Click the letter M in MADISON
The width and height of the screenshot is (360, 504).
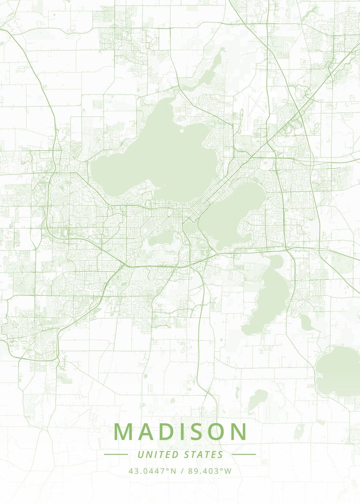(124, 432)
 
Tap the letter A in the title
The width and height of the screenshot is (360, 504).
(147, 432)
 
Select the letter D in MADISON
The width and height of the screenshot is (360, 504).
(168, 432)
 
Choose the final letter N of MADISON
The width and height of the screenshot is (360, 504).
(239, 432)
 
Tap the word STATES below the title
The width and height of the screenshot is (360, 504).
(203, 454)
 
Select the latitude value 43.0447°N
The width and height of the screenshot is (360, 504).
(152, 471)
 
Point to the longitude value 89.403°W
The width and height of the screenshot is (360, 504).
(210, 471)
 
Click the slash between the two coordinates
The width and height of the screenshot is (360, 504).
(182, 471)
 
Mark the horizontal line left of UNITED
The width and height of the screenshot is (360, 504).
(116, 454)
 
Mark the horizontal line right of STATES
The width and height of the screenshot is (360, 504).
(244, 454)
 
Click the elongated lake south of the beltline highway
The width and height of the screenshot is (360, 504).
(269, 298)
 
